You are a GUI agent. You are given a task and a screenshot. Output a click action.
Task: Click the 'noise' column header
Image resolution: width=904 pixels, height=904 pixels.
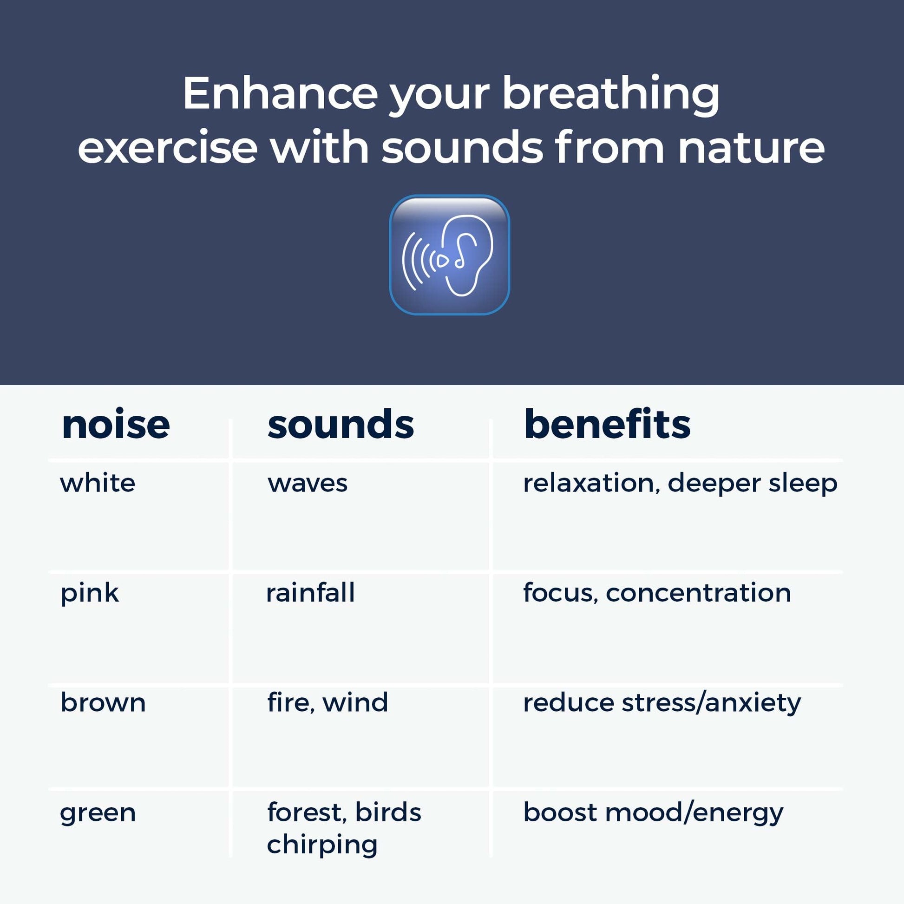pos(116,425)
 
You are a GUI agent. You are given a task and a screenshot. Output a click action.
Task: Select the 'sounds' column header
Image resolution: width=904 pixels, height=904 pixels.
pos(341,425)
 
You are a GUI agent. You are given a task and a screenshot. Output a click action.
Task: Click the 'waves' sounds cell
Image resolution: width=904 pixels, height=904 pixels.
pos(308,484)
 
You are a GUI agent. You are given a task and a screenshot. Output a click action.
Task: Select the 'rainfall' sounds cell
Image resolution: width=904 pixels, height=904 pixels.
pos(310,592)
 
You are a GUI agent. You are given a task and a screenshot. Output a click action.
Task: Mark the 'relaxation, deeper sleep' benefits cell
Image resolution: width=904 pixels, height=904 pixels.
pos(680,483)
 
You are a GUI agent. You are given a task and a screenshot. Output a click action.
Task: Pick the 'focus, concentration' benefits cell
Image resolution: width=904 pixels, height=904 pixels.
pos(657,593)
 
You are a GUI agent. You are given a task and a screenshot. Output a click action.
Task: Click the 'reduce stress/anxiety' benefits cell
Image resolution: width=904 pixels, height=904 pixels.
pos(662,703)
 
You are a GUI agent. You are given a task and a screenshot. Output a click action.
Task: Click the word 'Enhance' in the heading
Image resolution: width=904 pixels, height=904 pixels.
pos(280,93)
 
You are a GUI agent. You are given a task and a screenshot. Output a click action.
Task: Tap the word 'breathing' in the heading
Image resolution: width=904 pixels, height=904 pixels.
pos(610,95)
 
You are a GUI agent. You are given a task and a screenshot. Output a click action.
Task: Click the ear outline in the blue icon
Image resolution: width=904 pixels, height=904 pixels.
pos(468,255)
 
